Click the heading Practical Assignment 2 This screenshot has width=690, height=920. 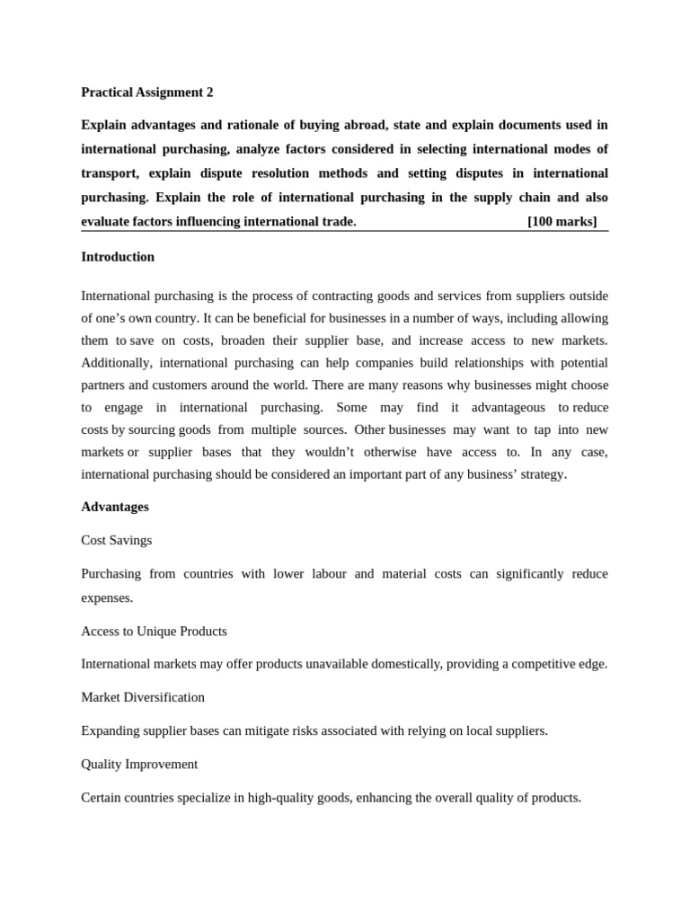tap(147, 92)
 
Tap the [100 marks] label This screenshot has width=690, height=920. tap(562, 222)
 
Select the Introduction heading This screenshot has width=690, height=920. tap(118, 257)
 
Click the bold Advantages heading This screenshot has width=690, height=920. tap(115, 507)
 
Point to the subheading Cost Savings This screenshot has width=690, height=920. tap(117, 540)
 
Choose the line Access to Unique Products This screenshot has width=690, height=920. tap(154, 631)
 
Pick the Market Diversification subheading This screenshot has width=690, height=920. tap(143, 697)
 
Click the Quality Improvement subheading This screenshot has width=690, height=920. tap(139, 764)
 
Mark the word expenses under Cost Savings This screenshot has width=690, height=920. tap(107, 597)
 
